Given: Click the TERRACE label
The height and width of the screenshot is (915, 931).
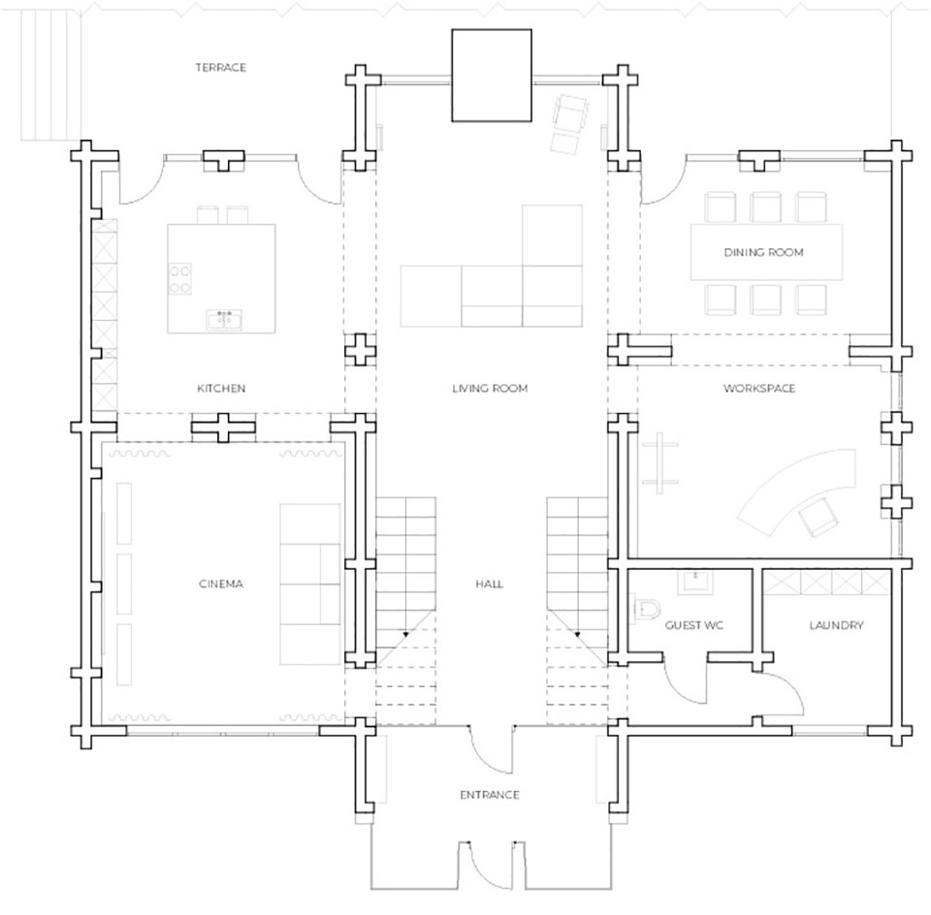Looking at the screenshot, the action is pos(220,68).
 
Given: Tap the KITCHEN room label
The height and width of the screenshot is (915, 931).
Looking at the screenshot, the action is pos(221,388).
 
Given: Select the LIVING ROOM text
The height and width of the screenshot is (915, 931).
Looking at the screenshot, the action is pos(490,388).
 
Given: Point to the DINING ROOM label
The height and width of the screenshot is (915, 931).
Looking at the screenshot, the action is pos(763,252).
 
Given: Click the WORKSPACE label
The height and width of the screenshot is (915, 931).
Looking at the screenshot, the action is pos(759,388).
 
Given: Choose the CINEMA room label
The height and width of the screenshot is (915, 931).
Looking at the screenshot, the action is pos(221,584).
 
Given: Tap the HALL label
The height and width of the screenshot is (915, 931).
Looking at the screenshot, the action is pos(489,584).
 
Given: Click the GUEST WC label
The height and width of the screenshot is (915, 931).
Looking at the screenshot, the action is pos(694,625).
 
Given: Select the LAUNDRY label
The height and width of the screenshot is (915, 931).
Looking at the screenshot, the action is pos(836,625).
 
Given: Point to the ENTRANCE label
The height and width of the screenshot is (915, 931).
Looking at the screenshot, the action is pos(489,795).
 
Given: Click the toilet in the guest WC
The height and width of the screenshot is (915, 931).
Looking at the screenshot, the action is pos(646,608).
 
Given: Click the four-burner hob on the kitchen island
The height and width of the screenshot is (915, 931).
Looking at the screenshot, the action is pos(180,279).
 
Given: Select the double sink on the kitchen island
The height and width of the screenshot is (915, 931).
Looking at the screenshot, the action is pos(224,319).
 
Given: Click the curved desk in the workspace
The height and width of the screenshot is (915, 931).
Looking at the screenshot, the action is pos(798,490).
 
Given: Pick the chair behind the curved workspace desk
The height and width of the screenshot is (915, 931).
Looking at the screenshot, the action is pos(818,517).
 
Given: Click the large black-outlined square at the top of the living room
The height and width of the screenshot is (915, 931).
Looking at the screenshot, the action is pos(492,76).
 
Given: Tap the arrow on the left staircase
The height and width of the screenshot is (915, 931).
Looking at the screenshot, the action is pos(405,634).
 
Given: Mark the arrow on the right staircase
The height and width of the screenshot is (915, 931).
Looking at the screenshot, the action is pos(577,634).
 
